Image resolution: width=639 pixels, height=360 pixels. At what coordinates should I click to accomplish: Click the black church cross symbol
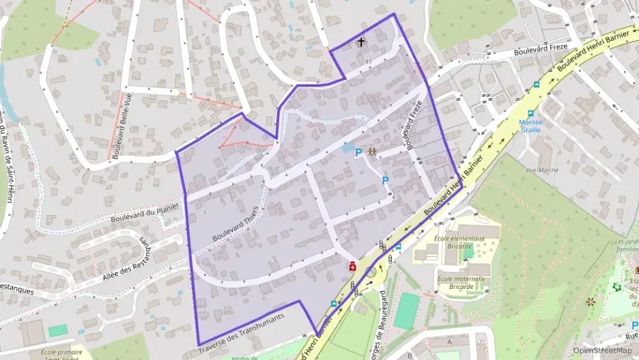[361, 42]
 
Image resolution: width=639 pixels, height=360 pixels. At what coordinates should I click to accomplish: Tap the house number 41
[369, 62]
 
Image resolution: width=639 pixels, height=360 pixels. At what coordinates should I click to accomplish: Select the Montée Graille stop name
[530, 125]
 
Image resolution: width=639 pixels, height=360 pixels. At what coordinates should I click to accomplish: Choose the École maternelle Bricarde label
[460, 282]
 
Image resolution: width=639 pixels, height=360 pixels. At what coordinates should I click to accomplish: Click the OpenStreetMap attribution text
[603, 350]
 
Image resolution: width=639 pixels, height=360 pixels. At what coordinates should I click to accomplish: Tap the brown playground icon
[372, 152]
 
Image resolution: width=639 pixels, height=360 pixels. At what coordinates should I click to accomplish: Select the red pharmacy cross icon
[352, 266]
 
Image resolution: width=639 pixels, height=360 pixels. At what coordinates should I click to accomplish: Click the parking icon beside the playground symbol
[358, 154]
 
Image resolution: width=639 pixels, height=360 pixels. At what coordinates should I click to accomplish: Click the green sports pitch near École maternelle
[408, 311]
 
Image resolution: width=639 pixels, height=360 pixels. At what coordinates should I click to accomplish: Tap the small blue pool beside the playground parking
[347, 147]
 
